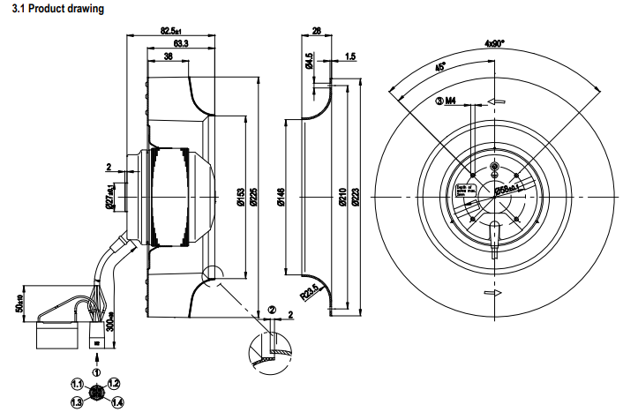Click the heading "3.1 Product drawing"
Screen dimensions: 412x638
pos(54,9)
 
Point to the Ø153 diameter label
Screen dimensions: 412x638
pos(240,199)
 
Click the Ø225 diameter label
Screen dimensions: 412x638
pos(252,199)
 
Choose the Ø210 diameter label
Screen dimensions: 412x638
pos(343,199)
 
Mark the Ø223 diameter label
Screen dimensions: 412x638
pos(355,199)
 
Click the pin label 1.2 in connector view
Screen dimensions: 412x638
pos(113,386)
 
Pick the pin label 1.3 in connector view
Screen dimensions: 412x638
pos(77,401)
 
